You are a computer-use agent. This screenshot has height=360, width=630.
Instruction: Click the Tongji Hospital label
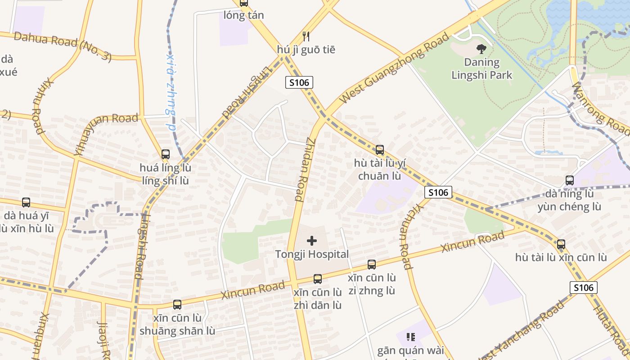coord(312,254)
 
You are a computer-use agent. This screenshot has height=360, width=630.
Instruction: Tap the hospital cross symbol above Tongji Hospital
coord(312,241)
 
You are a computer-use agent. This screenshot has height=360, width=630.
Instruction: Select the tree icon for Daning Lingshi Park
coord(481,49)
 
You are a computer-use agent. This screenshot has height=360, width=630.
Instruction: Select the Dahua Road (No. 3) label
coord(63,46)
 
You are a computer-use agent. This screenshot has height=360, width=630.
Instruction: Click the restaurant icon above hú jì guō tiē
coord(306,36)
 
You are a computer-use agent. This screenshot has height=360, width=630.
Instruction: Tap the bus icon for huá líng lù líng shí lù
coord(166,154)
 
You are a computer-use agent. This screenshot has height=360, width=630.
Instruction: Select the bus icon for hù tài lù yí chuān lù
coord(380,150)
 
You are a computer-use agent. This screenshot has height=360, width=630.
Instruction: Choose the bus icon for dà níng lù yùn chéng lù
coord(570,180)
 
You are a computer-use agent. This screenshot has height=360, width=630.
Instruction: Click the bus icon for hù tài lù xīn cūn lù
coord(561,244)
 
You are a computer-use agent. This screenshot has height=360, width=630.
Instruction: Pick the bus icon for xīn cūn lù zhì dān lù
coord(318,279)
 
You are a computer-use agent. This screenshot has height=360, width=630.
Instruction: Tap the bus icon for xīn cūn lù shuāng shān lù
coord(177,305)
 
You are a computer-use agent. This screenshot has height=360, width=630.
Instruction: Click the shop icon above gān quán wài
coord(410,337)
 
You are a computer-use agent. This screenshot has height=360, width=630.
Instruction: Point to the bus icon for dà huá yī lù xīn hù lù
coord(26,202)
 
